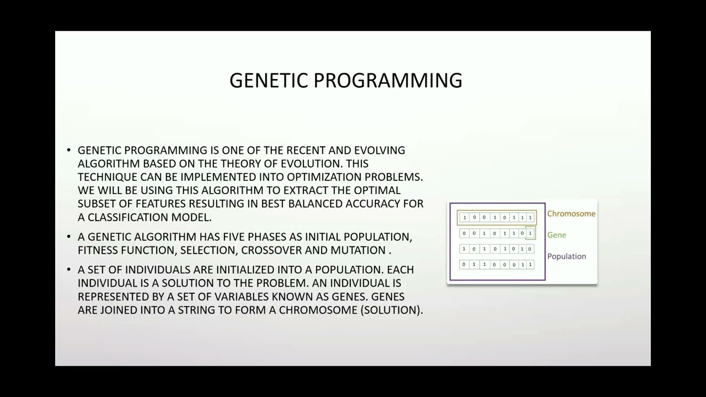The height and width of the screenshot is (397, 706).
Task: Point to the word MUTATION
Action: point(358,250)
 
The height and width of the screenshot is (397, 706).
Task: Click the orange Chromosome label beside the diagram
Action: point(571,214)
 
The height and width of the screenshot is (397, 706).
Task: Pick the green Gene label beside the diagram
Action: point(557,235)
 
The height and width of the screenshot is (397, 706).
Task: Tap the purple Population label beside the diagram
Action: point(566,256)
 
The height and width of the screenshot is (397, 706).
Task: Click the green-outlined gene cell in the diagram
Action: point(530,233)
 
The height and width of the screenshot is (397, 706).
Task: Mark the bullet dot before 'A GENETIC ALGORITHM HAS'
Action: point(69,237)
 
